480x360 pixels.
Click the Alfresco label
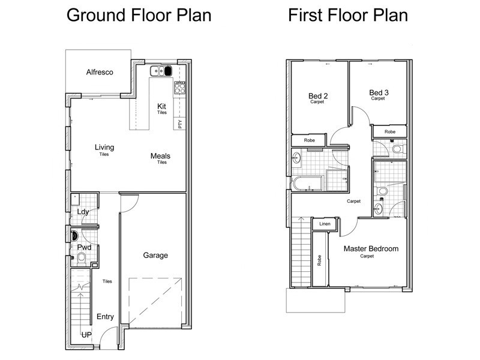[100, 72]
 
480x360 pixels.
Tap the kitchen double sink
[161, 71]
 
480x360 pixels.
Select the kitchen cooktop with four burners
[179, 88]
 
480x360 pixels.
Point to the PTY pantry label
[179, 124]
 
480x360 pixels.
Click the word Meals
[160, 156]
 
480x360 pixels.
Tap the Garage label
[155, 256]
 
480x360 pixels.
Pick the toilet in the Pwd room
[82, 259]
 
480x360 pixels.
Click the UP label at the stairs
[86, 335]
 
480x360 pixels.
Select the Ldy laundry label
[83, 212]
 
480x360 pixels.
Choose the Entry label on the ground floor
[105, 317]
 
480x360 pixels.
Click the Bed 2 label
[318, 96]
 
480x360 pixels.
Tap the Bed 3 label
[379, 92]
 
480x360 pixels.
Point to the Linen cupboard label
[325, 224]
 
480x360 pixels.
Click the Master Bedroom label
[371, 248]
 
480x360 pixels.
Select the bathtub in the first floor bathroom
[307, 184]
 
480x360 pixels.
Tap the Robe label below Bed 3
[389, 131]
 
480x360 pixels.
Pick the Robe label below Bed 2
[309, 140]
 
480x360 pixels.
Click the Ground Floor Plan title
[139, 15]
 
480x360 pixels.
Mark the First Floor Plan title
[348, 15]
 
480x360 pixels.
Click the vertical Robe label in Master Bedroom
[319, 260]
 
